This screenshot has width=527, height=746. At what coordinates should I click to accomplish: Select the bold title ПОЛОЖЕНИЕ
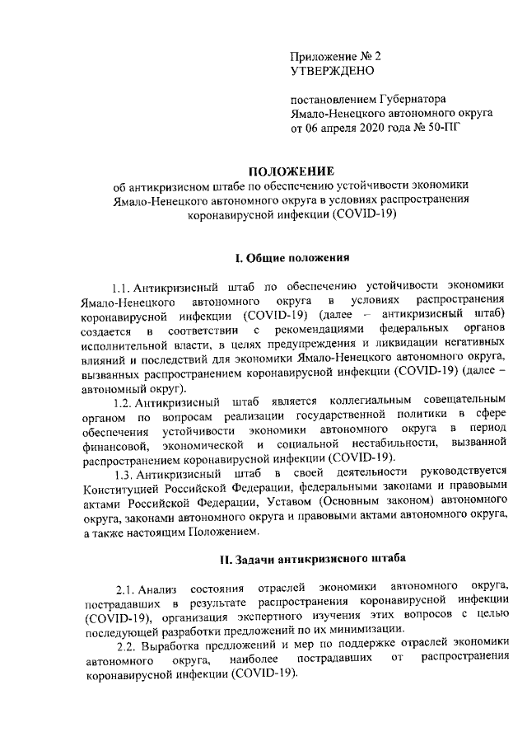click(291, 171)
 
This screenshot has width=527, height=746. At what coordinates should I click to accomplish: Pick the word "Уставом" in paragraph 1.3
click(329, 502)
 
